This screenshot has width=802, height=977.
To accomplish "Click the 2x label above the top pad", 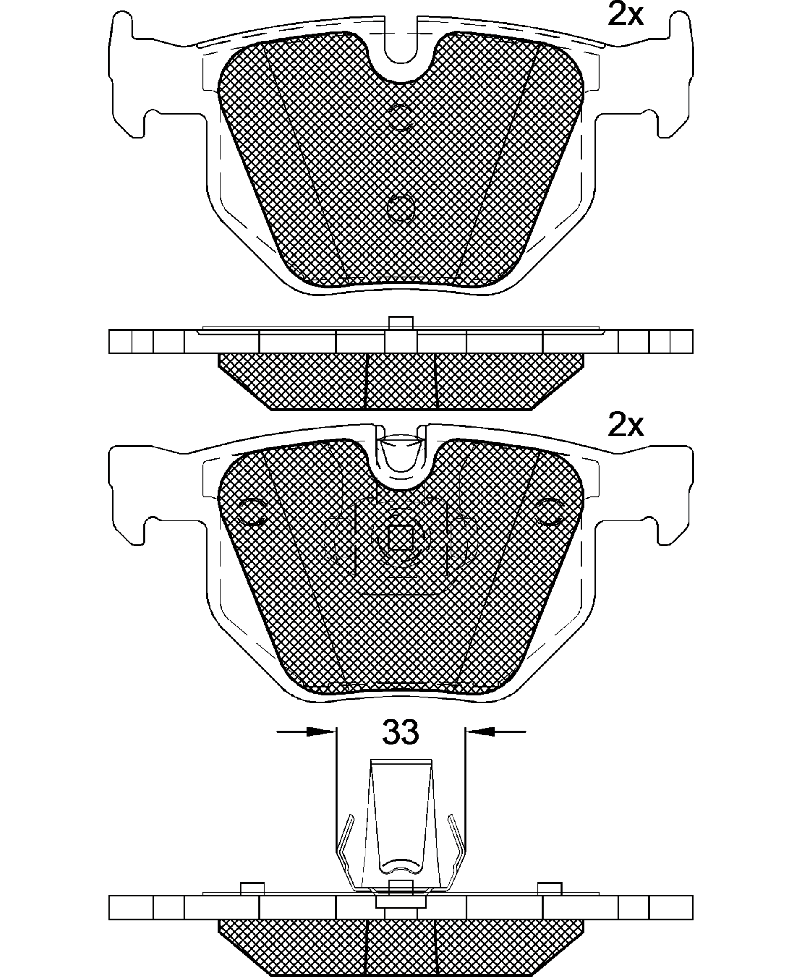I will pos(625,15).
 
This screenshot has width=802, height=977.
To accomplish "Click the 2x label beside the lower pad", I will pos(625,425).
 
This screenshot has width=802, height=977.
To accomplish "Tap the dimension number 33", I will pos(400,732).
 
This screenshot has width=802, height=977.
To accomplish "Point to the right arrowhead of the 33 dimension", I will pos(481,732).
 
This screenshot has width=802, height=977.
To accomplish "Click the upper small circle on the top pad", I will pos(400,117).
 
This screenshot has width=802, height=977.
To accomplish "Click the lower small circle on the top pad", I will pos(400,209).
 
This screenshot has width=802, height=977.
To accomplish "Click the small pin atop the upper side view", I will pos(401,322).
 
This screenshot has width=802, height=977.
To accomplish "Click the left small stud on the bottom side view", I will pos(252,888).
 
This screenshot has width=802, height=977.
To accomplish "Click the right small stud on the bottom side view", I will pos(549,888).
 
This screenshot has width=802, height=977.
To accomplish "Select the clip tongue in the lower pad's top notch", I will pos(401,455).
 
